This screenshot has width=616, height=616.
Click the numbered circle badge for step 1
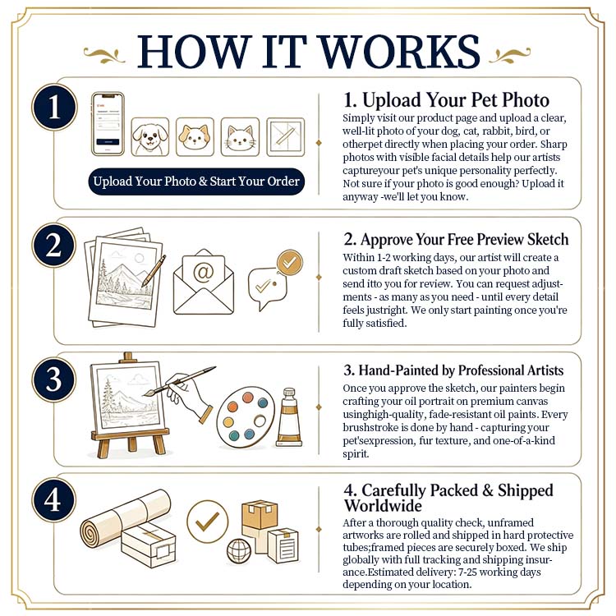pyautogui.click(x=54, y=107)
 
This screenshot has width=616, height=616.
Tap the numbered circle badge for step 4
pyautogui.click(x=53, y=499)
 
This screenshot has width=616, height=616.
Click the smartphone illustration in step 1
pyautogui.click(x=108, y=124)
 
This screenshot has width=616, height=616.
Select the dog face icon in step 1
pyautogui.click(x=150, y=136)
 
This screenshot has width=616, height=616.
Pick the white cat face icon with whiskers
pyautogui.click(x=240, y=136)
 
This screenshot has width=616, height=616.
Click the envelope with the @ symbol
pyautogui.click(x=204, y=282)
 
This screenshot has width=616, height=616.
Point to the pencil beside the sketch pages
pyautogui.click(x=154, y=271)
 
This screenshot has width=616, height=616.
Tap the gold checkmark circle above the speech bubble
pyautogui.click(x=290, y=263)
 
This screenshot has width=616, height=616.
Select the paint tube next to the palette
pyautogui.click(x=290, y=416)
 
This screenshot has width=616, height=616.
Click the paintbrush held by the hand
pyautogui.click(x=179, y=381)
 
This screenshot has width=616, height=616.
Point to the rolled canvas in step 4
pyautogui.click(x=125, y=516)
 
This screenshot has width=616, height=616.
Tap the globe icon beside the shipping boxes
pyautogui.click(x=239, y=550)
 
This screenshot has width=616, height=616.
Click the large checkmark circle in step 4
pyautogui.click(x=208, y=522)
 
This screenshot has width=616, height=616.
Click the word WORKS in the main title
pyautogui.click(x=401, y=52)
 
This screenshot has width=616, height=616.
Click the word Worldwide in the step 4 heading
pyautogui.click(x=383, y=506)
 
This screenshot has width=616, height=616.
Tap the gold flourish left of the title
pyautogui.click(x=104, y=55)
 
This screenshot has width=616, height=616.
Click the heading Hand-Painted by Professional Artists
pyautogui.click(x=453, y=370)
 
